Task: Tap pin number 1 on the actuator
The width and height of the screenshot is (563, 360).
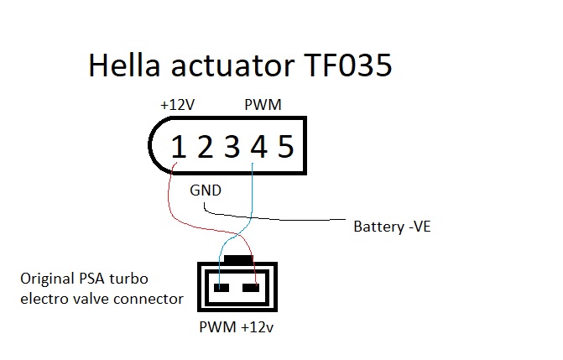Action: pyautogui.click(x=178, y=148)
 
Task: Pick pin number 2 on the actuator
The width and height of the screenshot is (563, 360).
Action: pyautogui.click(x=205, y=148)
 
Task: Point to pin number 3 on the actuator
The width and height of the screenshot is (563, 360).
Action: pyautogui.click(x=232, y=148)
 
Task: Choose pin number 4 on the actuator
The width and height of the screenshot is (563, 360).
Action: pyautogui.click(x=258, y=148)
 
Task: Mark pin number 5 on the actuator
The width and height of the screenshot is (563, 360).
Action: pyautogui.click(x=285, y=148)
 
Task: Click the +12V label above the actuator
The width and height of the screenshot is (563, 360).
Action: pyautogui.click(x=176, y=107)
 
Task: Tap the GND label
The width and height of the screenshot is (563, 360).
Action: pyautogui.click(x=206, y=190)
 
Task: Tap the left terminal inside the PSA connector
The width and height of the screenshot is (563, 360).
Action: pyautogui.click(x=222, y=288)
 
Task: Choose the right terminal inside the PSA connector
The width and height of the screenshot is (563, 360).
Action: pyautogui.click(x=249, y=288)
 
